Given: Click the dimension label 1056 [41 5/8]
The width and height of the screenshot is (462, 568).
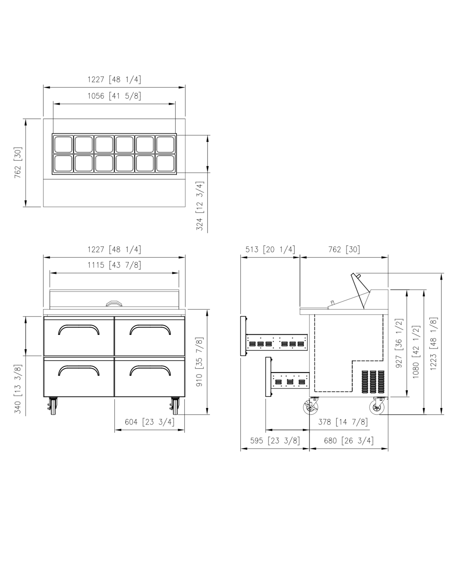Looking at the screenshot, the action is point(114,96).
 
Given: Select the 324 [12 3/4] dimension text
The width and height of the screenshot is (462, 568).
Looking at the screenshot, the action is point(200,206).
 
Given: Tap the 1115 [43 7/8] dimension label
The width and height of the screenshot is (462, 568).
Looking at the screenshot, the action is point(114,265).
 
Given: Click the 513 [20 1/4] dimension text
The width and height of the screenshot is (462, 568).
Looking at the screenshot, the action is point(270,249).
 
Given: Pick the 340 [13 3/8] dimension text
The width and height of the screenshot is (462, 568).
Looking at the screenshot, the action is point(17,389).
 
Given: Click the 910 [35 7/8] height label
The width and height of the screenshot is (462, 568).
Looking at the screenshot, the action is point(200,362).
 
